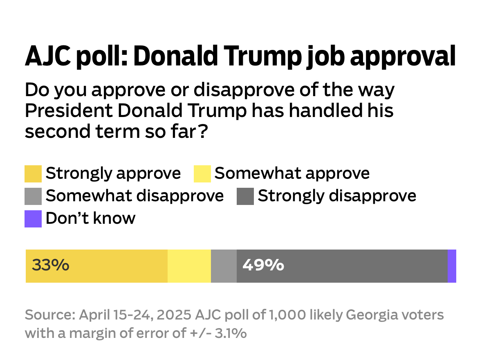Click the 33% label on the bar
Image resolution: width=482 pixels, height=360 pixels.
(x=51, y=266)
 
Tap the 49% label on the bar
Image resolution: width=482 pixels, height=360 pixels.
(x=263, y=266)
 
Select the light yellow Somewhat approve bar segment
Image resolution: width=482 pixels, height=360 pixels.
(x=189, y=266)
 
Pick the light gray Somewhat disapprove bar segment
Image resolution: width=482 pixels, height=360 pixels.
(x=224, y=266)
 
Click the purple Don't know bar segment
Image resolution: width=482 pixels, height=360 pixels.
(x=452, y=266)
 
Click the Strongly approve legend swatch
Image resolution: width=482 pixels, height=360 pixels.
(x=33, y=174)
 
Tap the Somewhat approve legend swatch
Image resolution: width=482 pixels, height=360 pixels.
(x=202, y=174)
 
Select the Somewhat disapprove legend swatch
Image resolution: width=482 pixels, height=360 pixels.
(x=33, y=196)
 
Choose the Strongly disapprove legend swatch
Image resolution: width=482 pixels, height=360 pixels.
(x=245, y=196)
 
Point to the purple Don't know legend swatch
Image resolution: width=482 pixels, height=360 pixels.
(x=33, y=219)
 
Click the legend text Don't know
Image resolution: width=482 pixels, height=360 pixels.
(x=90, y=218)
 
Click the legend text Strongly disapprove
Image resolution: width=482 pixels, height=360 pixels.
(x=337, y=196)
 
